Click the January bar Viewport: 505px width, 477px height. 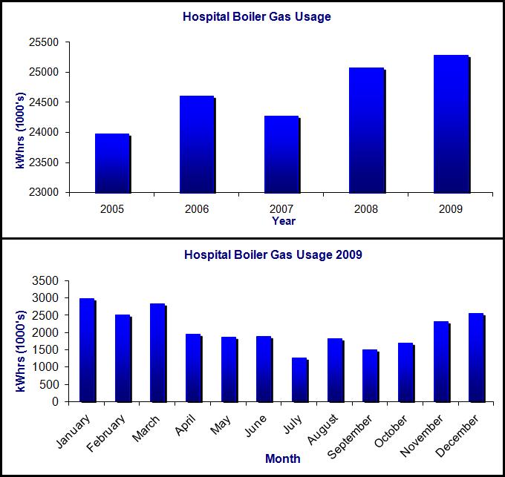coord(87,349)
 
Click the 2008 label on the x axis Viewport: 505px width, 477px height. coord(366,208)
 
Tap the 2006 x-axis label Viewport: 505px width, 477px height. coord(197,208)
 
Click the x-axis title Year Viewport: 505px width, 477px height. coord(283,220)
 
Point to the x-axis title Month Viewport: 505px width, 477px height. coord(282,458)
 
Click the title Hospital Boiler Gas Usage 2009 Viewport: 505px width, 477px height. coord(273,255)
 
